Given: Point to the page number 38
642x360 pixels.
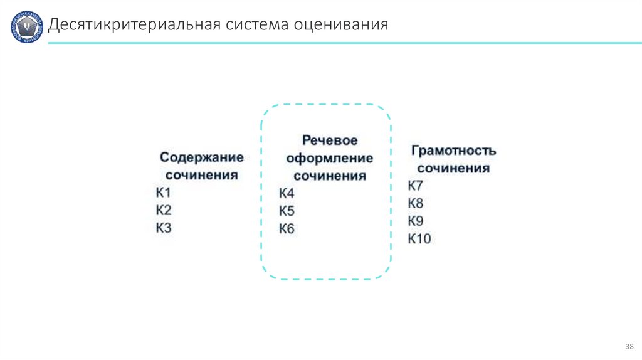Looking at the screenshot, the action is pos(629,347).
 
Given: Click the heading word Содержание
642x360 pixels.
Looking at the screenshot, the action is pos(201,157).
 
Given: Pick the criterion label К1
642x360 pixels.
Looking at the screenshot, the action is pos(164,193).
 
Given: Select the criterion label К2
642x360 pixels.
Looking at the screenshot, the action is pos(164,210).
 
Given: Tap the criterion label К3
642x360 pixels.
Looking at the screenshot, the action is pos(164,228).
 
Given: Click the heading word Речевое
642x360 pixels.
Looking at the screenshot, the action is pos(330,140).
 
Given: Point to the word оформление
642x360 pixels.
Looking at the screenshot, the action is pos(330,158).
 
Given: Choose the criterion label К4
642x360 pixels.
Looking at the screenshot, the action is pos(287,193).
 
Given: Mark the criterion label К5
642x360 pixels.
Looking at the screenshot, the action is pos(287,211).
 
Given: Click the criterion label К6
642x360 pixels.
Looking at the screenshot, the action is pos(287,228).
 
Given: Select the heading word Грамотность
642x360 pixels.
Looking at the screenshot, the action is pos(454,151).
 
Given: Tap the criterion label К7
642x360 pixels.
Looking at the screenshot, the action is pos(416,186).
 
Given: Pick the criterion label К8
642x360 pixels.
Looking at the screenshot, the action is pos(416,203).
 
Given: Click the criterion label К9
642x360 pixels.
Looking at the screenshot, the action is pos(416,221).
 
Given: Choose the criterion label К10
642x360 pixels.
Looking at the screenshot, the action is pos(419,238).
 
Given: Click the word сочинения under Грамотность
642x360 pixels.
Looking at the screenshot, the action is pos(454,169).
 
